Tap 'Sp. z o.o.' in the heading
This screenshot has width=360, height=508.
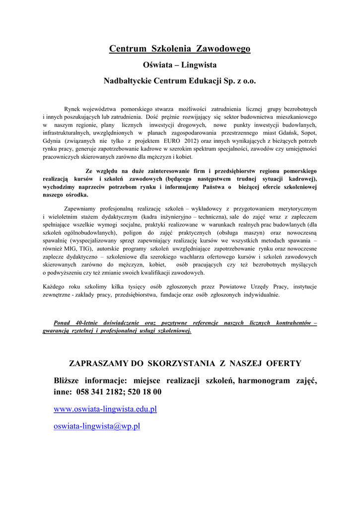click(239, 80)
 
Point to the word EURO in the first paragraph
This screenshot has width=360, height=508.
click(179, 141)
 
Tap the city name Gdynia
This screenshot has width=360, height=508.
click(53, 141)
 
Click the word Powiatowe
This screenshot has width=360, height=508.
click(225, 287)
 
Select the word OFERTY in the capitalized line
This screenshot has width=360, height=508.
click(284, 364)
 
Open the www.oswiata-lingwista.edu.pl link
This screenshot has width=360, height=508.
click(105, 409)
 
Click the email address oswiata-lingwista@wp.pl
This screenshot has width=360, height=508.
click(97, 426)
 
